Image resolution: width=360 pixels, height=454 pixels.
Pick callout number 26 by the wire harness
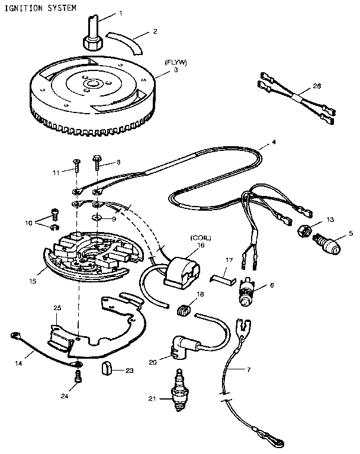(x=317, y=86)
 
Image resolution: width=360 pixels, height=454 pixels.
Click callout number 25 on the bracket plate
(x=57, y=308)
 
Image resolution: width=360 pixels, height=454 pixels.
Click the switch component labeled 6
(x=246, y=292)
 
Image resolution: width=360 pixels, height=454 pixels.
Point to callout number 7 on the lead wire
(x=248, y=370)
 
